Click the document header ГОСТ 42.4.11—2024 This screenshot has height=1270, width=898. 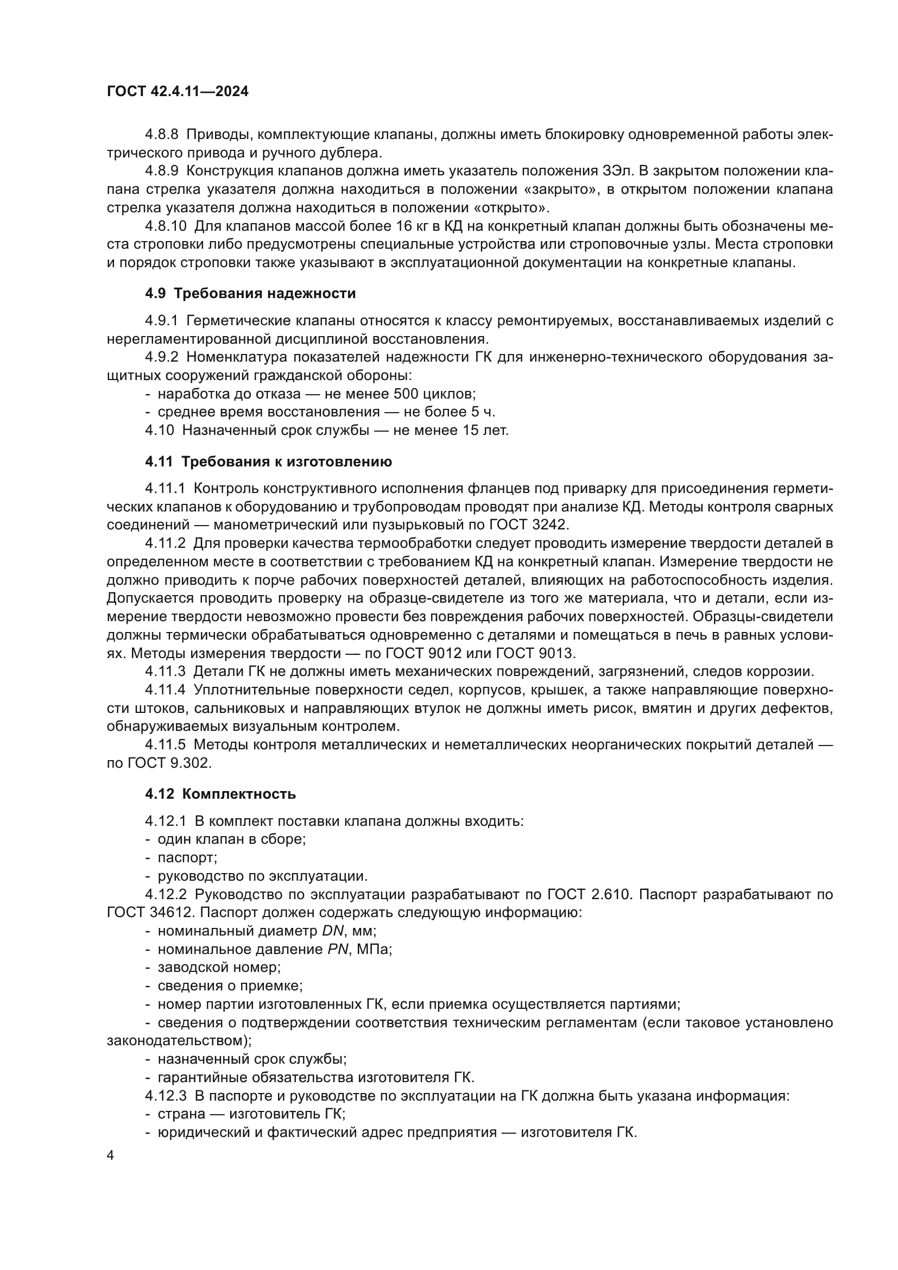[178, 92]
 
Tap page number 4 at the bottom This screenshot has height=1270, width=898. [111, 1156]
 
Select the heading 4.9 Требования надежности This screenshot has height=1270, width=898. [250, 294]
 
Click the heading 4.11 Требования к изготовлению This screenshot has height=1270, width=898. [268, 462]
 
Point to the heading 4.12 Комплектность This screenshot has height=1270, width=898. [220, 794]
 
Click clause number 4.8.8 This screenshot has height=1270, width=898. [161, 135]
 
